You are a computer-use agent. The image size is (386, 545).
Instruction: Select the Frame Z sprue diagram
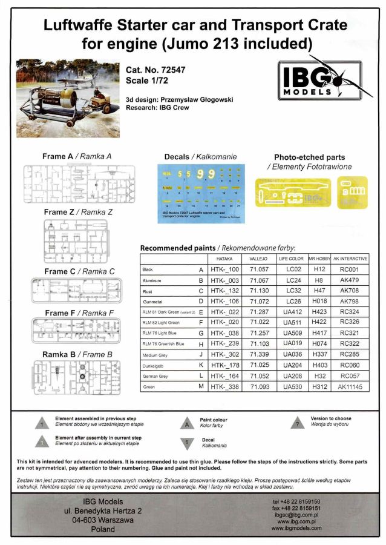tap(77, 240)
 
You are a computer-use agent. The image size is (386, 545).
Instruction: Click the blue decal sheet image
tap(201, 193)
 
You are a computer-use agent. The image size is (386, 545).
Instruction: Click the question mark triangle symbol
tap(297, 424)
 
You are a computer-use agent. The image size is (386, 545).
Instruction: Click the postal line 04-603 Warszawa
tap(102, 519)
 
